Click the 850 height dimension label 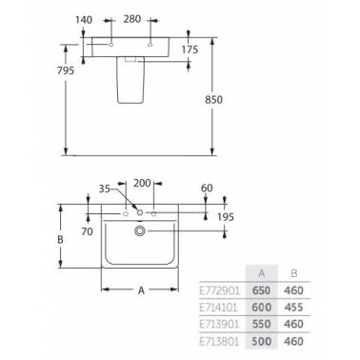(x=213, y=100)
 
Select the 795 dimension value (x=66, y=70)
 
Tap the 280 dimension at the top (x=132, y=19)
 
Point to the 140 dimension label (x=84, y=20)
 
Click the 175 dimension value (x=190, y=50)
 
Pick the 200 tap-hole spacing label (x=142, y=183)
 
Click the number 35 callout (x=105, y=189)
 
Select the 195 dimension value (x=226, y=217)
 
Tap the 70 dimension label (x=87, y=231)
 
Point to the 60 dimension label (x=207, y=188)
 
